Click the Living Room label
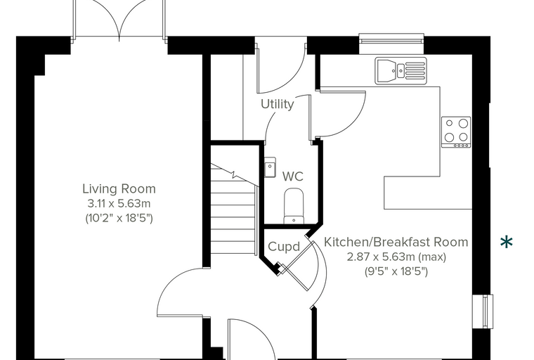(119, 188)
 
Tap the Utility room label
(278, 104)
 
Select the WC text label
(293, 176)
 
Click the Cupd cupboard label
(284, 247)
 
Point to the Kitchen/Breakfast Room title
(396, 242)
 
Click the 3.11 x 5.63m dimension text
(119, 203)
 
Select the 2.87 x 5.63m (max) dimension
(396, 257)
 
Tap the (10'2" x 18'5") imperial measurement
(119, 218)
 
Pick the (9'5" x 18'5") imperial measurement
(396, 271)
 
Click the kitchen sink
(400, 70)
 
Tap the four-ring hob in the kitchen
(456, 132)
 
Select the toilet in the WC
(294, 206)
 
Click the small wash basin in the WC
(270, 167)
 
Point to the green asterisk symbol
(507, 242)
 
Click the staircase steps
(233, 208)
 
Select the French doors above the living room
(119, 19)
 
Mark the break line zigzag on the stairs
(233, 174)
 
